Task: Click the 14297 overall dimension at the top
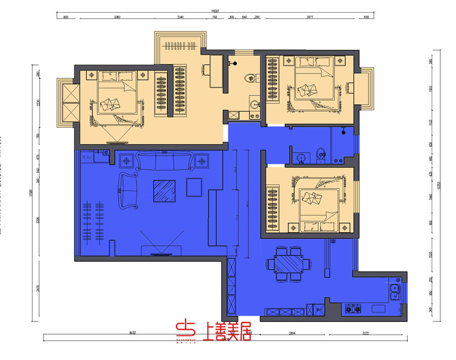point(215,11)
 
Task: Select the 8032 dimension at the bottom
point(133,333)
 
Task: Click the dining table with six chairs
point(288,264)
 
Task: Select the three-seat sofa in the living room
point(164,161)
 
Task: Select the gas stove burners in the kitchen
point(352,308)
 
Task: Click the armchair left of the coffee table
point(129,190)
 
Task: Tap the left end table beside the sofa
point(126,162)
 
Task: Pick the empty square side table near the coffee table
point(194,187)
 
